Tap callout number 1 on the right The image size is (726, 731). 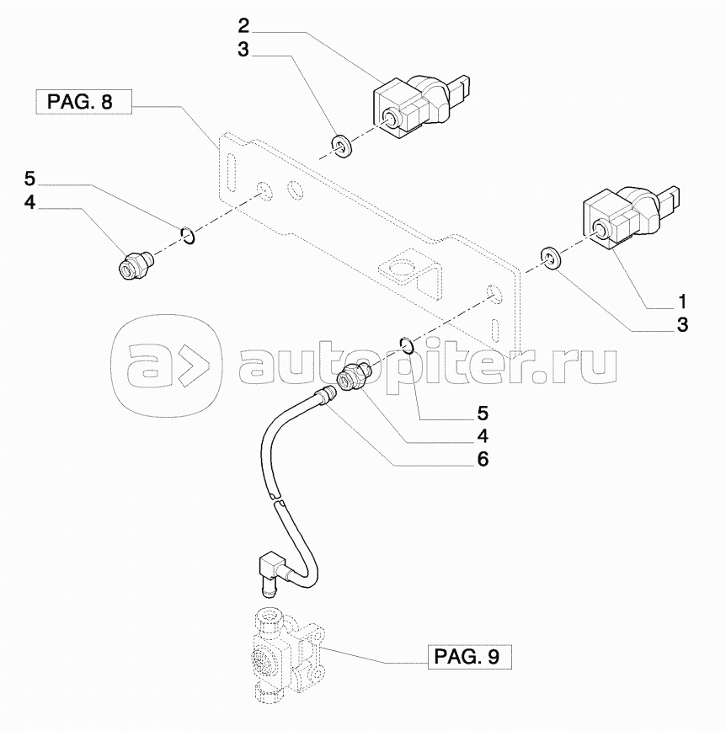(682, 301)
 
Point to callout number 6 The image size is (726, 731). (483, 460)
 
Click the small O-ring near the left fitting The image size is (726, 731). (190, 235)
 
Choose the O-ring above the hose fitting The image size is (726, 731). (407, 344)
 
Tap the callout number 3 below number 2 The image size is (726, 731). (243, 51)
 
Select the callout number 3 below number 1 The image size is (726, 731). (682, 324)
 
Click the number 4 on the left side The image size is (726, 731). (29, 203)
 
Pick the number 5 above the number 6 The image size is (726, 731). (483, 414)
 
